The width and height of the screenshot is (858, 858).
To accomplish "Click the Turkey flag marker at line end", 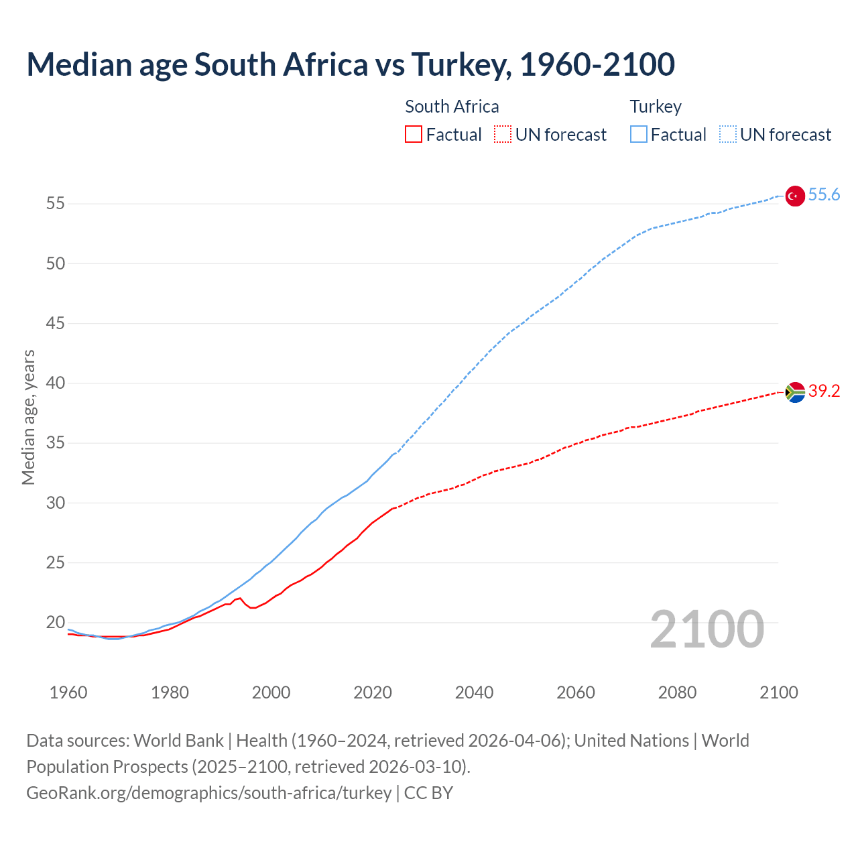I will tap(794, 196).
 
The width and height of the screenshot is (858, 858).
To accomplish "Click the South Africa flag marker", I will tap(794, 392).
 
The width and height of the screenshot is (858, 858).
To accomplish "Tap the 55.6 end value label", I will tap(824, 195).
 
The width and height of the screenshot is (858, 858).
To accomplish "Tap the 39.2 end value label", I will tap(824, 391).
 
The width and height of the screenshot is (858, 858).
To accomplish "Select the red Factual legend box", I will tap(414, 135).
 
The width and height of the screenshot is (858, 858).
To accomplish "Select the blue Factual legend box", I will tap(638, 135).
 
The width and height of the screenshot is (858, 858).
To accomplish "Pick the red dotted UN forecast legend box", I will tap(503, 135).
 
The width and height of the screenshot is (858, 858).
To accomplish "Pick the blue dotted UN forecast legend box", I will tap(727, 135).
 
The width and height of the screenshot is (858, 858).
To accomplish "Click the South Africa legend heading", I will tap(452, 107).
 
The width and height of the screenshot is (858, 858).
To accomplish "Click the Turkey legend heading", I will tap(655, 107).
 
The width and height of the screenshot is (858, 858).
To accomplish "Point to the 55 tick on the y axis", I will tap(56, 204).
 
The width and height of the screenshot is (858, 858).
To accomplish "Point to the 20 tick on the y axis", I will tap(56, 623).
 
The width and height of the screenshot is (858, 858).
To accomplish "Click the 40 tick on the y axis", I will tap(56, 383).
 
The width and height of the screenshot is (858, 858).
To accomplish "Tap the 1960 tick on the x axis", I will tap(68, 692).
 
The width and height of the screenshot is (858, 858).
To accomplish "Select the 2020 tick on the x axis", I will tap(373, 692).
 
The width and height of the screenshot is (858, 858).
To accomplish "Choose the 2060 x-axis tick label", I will tap(576, 692).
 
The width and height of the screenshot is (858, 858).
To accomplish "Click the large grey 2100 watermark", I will tap(707, 629).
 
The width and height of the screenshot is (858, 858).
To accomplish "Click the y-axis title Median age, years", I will tap(28, 417).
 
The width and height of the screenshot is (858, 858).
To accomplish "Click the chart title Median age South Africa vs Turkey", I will tap(350, 64).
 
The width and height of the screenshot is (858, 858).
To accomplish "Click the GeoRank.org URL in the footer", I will tap(208, 793).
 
